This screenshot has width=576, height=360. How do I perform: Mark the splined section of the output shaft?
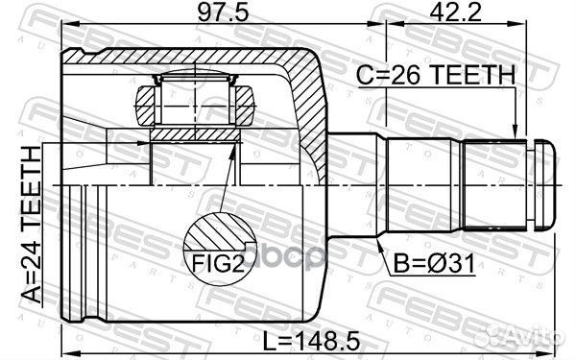[494, 183]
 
